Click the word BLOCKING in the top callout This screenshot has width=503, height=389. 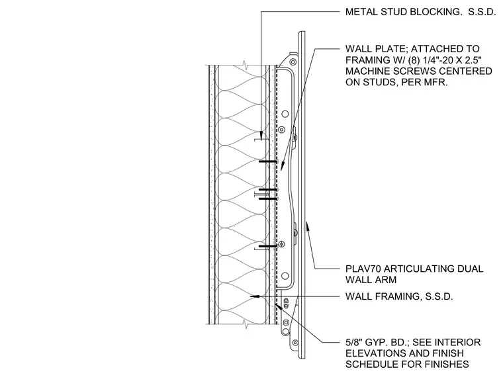pyautogui.click(x=432, y=12)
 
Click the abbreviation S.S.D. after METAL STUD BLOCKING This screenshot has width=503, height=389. pyautogui.click(x=482, y=12)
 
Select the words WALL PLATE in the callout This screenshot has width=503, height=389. pyautogui.click(x=376, y=49)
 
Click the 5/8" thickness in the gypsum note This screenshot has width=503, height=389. pyautogui.click(x=354, y=342)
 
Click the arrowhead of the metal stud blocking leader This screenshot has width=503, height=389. pyautogui.click(x=261, y=136)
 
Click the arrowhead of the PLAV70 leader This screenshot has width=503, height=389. pyautogui.click(x=308, y=226)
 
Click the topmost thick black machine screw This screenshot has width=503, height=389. pyautogui.click(x=268, y=161)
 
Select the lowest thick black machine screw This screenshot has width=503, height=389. pyautogui.click(x=268, y=246)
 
